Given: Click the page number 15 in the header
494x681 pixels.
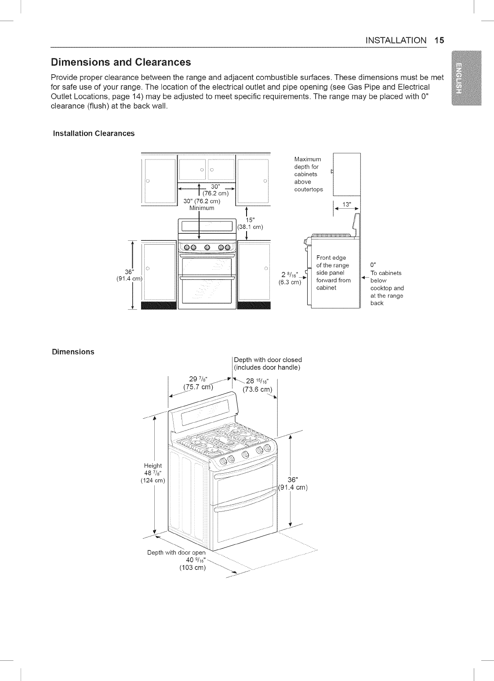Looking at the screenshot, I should coord(439,40).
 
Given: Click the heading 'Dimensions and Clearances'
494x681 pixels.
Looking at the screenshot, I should coord(121,61).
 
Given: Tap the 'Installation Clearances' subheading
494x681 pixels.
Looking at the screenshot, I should coord(94,133).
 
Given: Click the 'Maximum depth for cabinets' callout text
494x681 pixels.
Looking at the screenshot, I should coord(308,174).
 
